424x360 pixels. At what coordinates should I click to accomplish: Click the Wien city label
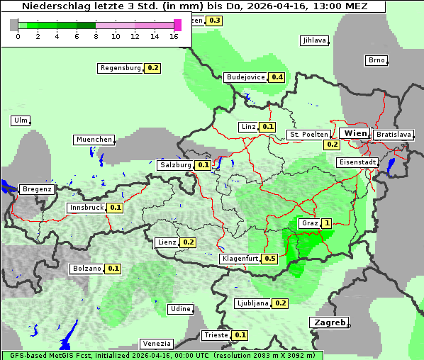[x=355, y=133]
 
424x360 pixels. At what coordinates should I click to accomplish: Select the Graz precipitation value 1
[x=326, y=223]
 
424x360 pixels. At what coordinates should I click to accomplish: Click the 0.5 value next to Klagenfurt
[x=269, y=259]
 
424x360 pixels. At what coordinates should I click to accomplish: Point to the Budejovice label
[x=245, y=77]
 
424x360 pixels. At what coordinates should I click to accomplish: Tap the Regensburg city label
[x=121, y=68]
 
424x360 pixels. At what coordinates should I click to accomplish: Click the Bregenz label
[x=37, y=189]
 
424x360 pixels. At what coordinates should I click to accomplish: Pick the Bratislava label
[x=394, y=134]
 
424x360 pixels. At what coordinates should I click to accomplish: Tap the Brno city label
[x=376, y=60]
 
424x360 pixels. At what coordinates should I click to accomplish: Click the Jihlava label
[x=314, y=40]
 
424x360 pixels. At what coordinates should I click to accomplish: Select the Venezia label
[x=156, y=344]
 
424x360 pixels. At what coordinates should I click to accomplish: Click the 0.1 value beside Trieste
[x=240, y=335]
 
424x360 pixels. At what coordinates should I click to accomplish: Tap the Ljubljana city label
[x=252, y=303]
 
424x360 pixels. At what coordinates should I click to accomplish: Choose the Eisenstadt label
[x=356, y=162]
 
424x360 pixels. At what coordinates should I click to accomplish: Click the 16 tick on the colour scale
[x=174, y=35]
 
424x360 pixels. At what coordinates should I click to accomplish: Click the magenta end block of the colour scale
[x=177, y=25]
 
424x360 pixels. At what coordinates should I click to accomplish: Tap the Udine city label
[x=181, y=309]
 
